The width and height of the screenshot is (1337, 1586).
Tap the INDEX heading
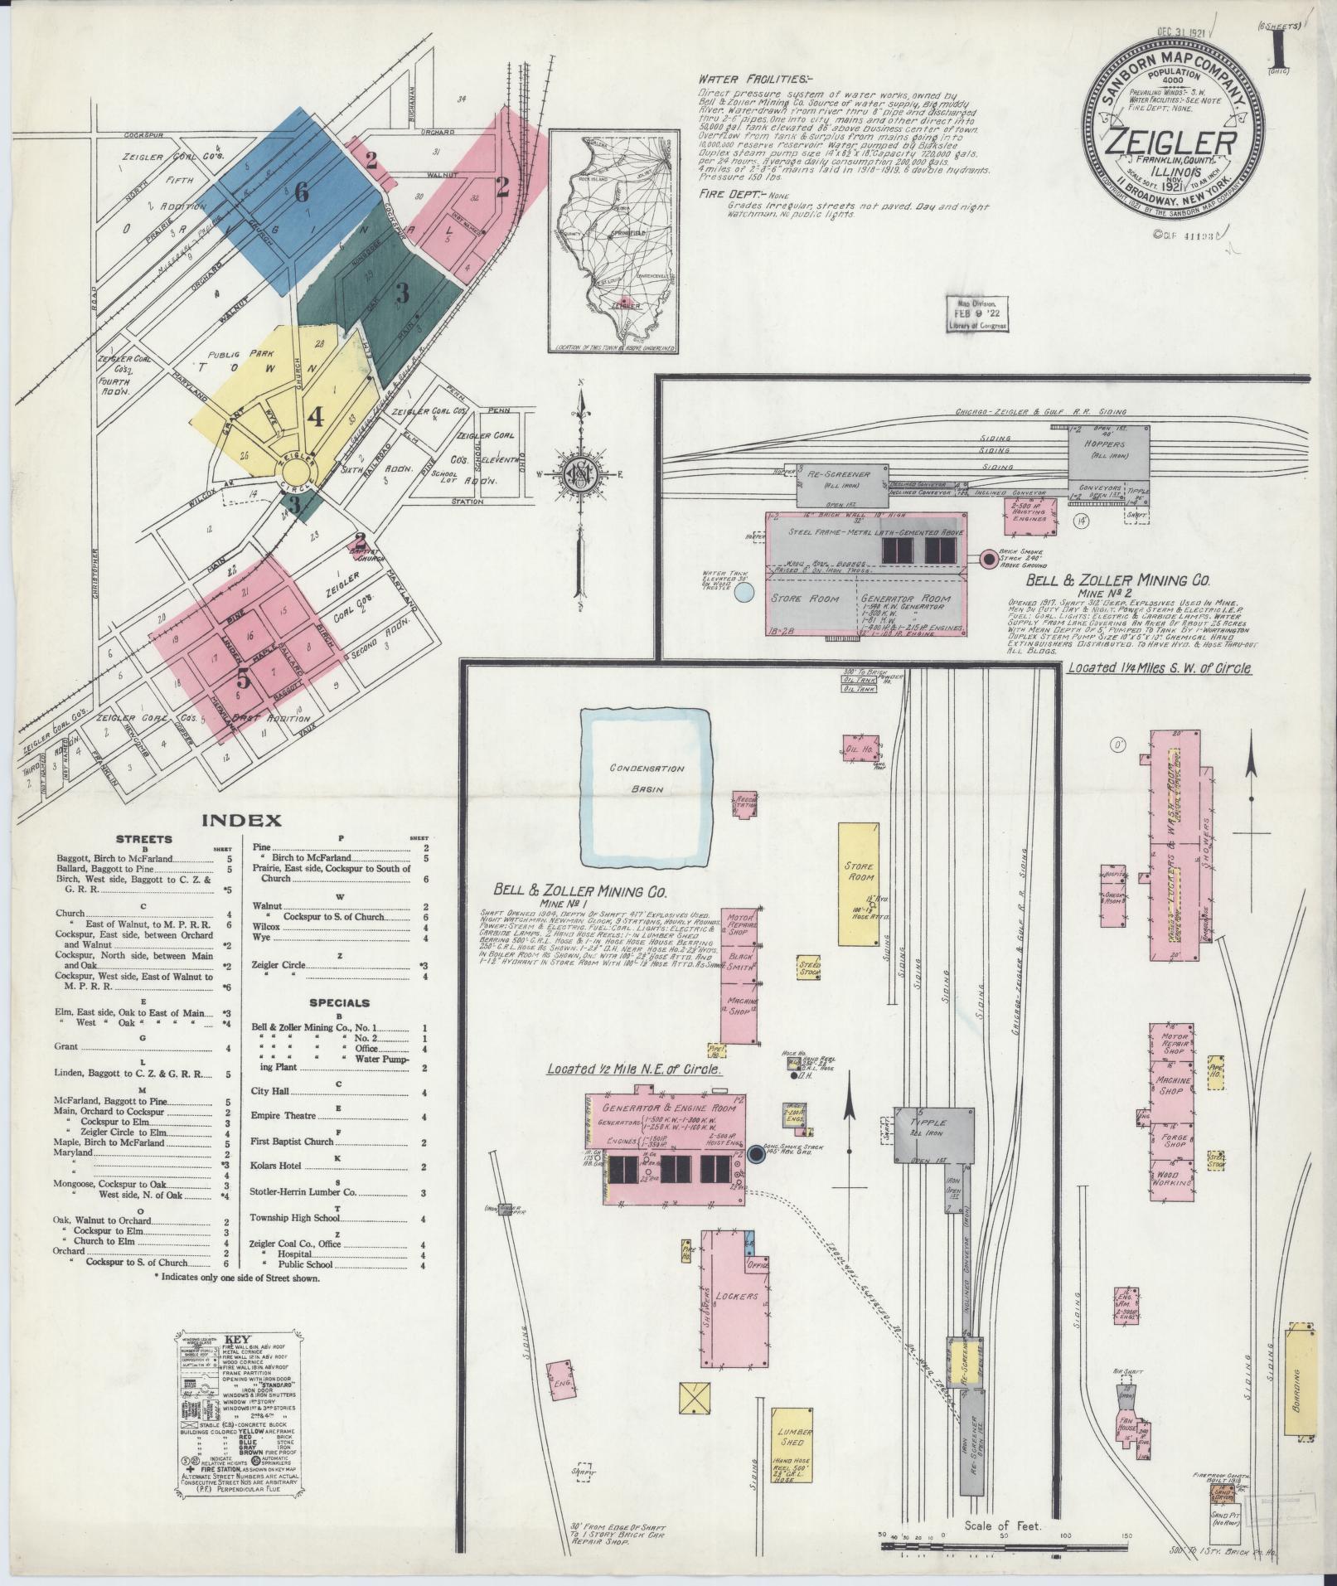(240, 821)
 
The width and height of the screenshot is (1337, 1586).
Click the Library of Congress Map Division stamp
(978, 314)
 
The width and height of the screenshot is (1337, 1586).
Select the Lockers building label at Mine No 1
(736, 1318)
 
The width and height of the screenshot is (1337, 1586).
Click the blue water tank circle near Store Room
(744, 591)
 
